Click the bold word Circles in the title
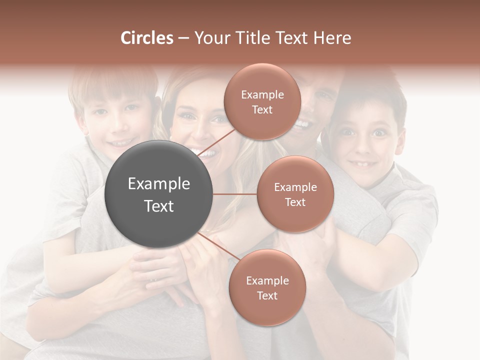[x=146, y=38]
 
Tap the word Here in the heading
[x=332, y=38]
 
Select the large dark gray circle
[x=159, y=194]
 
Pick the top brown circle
[x=262, y=102]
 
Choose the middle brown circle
[x=295, y=194]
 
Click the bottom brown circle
[x=267, y=287]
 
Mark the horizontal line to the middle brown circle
[x=235, y=194]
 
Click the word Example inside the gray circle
[x=159, y=184]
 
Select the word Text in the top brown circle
[x=262, y=110]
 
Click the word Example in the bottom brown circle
[x=267, y=280]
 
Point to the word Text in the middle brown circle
[x=295, y=202]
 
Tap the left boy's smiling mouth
[x=120, y=142]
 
